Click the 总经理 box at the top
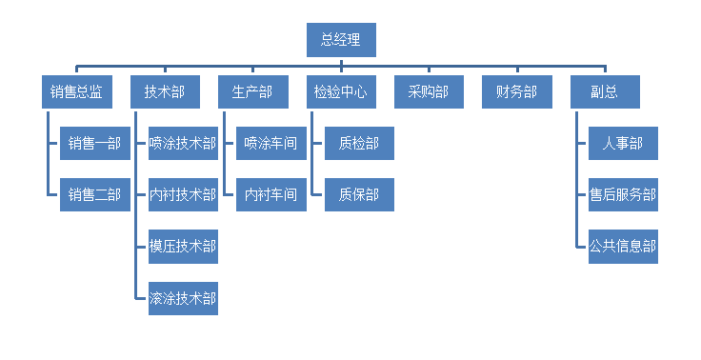[x=341, y=40]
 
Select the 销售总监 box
[x=77, y=92]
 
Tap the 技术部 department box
[x=165, y=92]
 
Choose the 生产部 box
[x=252, y=92]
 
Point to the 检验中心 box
[x=340, y=92]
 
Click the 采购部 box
[x=429, y=92]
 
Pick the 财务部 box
[x=516, y=92]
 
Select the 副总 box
[x=605, y=92]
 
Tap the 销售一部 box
[x=94, y=144]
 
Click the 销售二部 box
[x=94, y=195]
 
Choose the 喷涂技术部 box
[x=183, y=144]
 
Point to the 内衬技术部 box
[x=183, y=195]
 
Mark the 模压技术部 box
[x=183, y=247]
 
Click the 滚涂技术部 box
[x=183, y=298]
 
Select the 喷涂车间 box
[x=270, y=144]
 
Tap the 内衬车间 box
[x=270, y=195]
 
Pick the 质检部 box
[x=358, y=144]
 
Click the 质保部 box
[x=358, y=195]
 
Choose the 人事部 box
[x=622, y=144]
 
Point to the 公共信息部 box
[x=622, y=247]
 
